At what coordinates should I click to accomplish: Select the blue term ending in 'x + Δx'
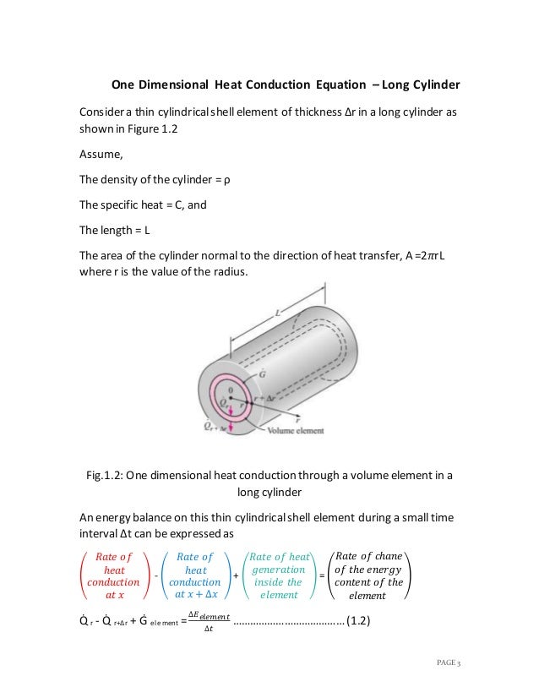(x=195, y=575)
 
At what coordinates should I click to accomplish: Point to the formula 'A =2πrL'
(x=415, y=256)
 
